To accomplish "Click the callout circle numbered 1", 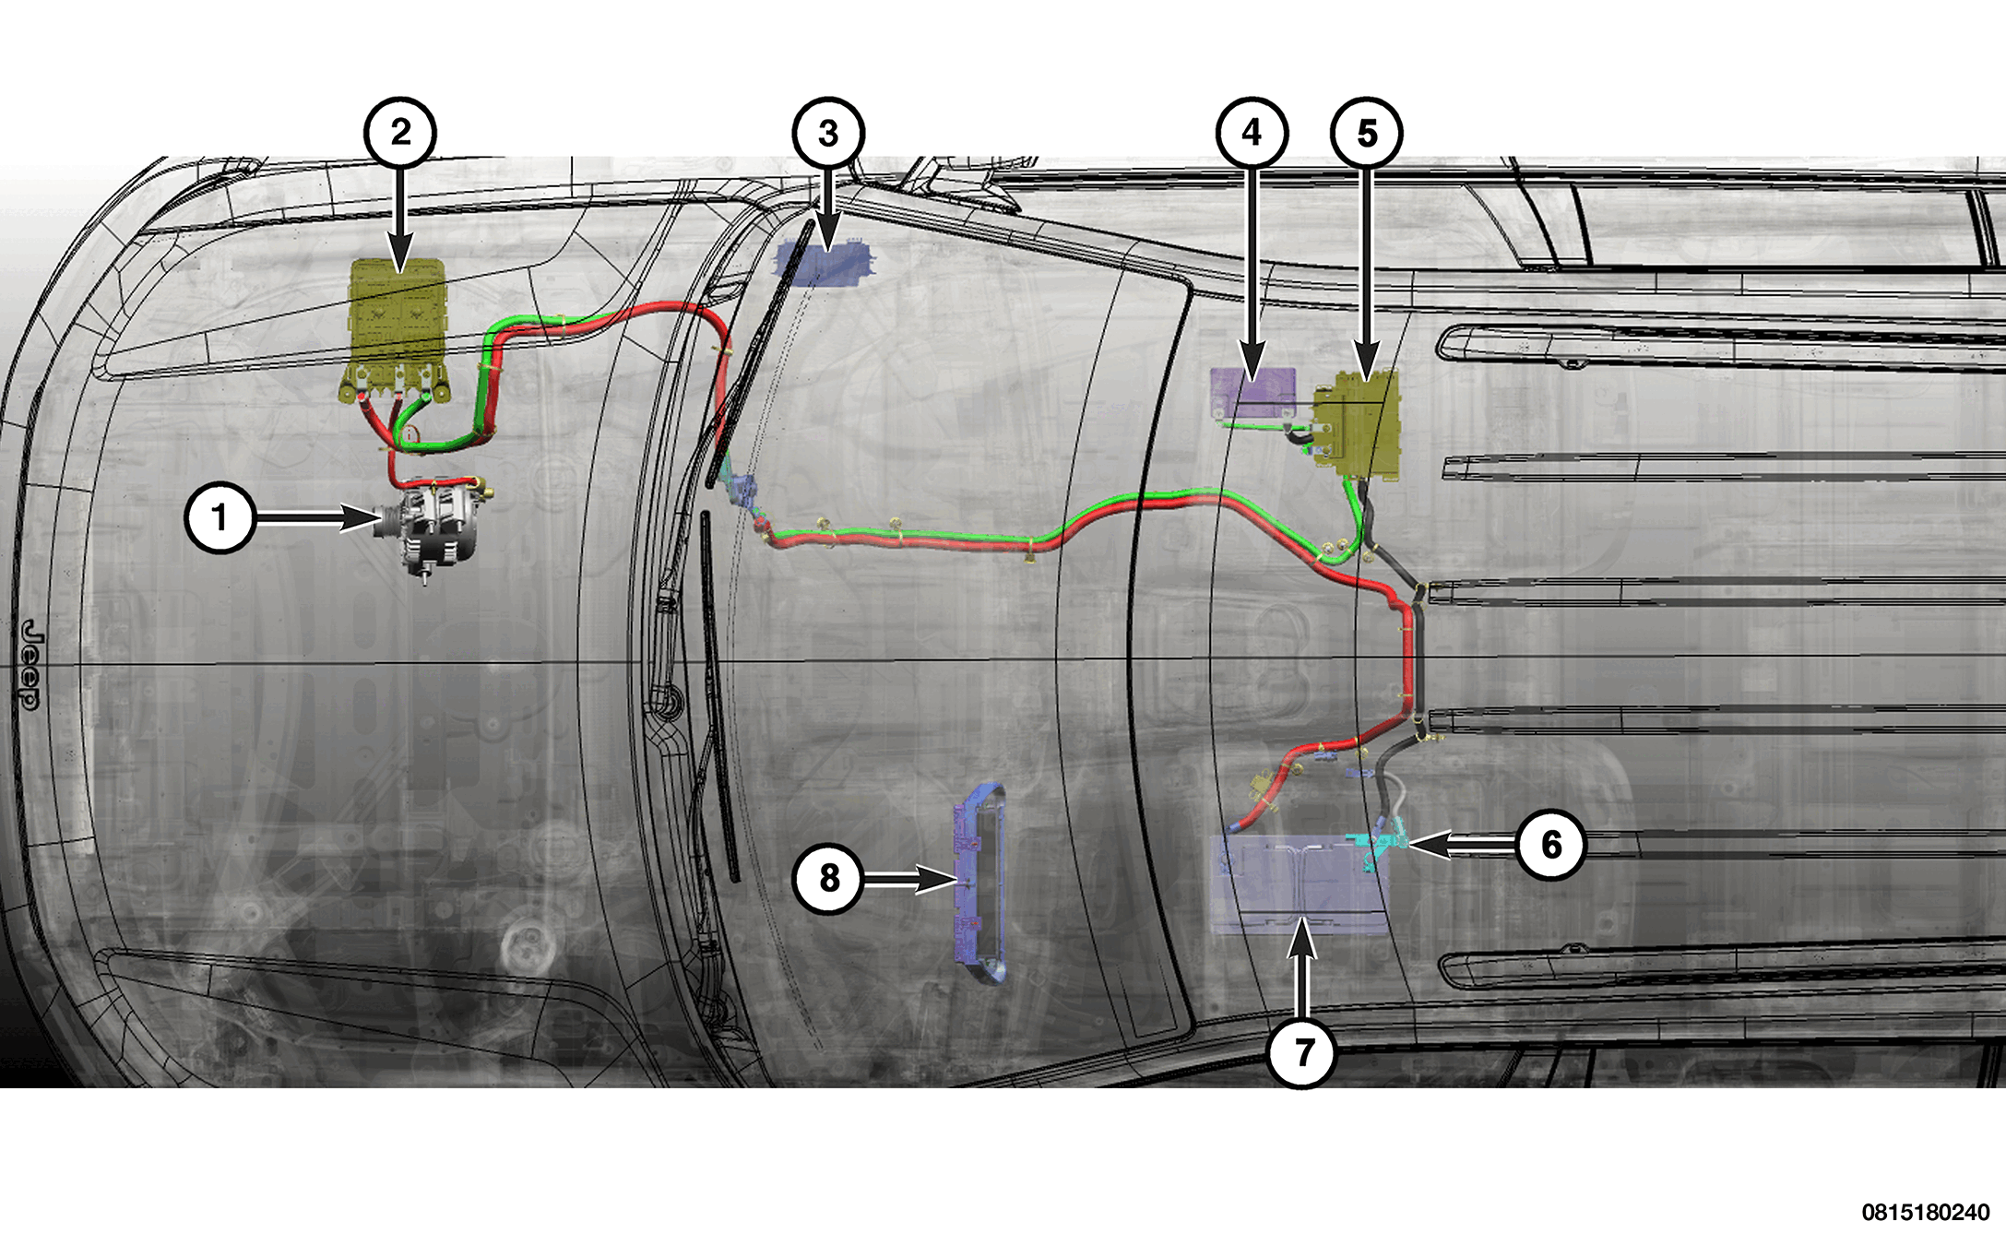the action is pos(220,517).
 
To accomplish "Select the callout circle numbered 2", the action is pos(400,132).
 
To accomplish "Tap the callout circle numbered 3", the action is pos(828,133).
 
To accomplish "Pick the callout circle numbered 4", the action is pos(1252,133).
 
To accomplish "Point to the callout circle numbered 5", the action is pos(1367,133).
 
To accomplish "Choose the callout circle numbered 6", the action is pos(1551,844).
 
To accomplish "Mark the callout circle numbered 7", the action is pos(1302,1051).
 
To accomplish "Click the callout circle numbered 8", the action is pos(828,878).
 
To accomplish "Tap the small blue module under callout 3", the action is pos(824,260).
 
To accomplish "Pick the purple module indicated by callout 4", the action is pos(1252,392).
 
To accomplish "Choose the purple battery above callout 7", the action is pos(1300,883).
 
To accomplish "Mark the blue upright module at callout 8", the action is pos(979,883).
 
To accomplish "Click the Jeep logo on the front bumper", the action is pos(30,664).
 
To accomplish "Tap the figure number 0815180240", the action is pos(1926,1212).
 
